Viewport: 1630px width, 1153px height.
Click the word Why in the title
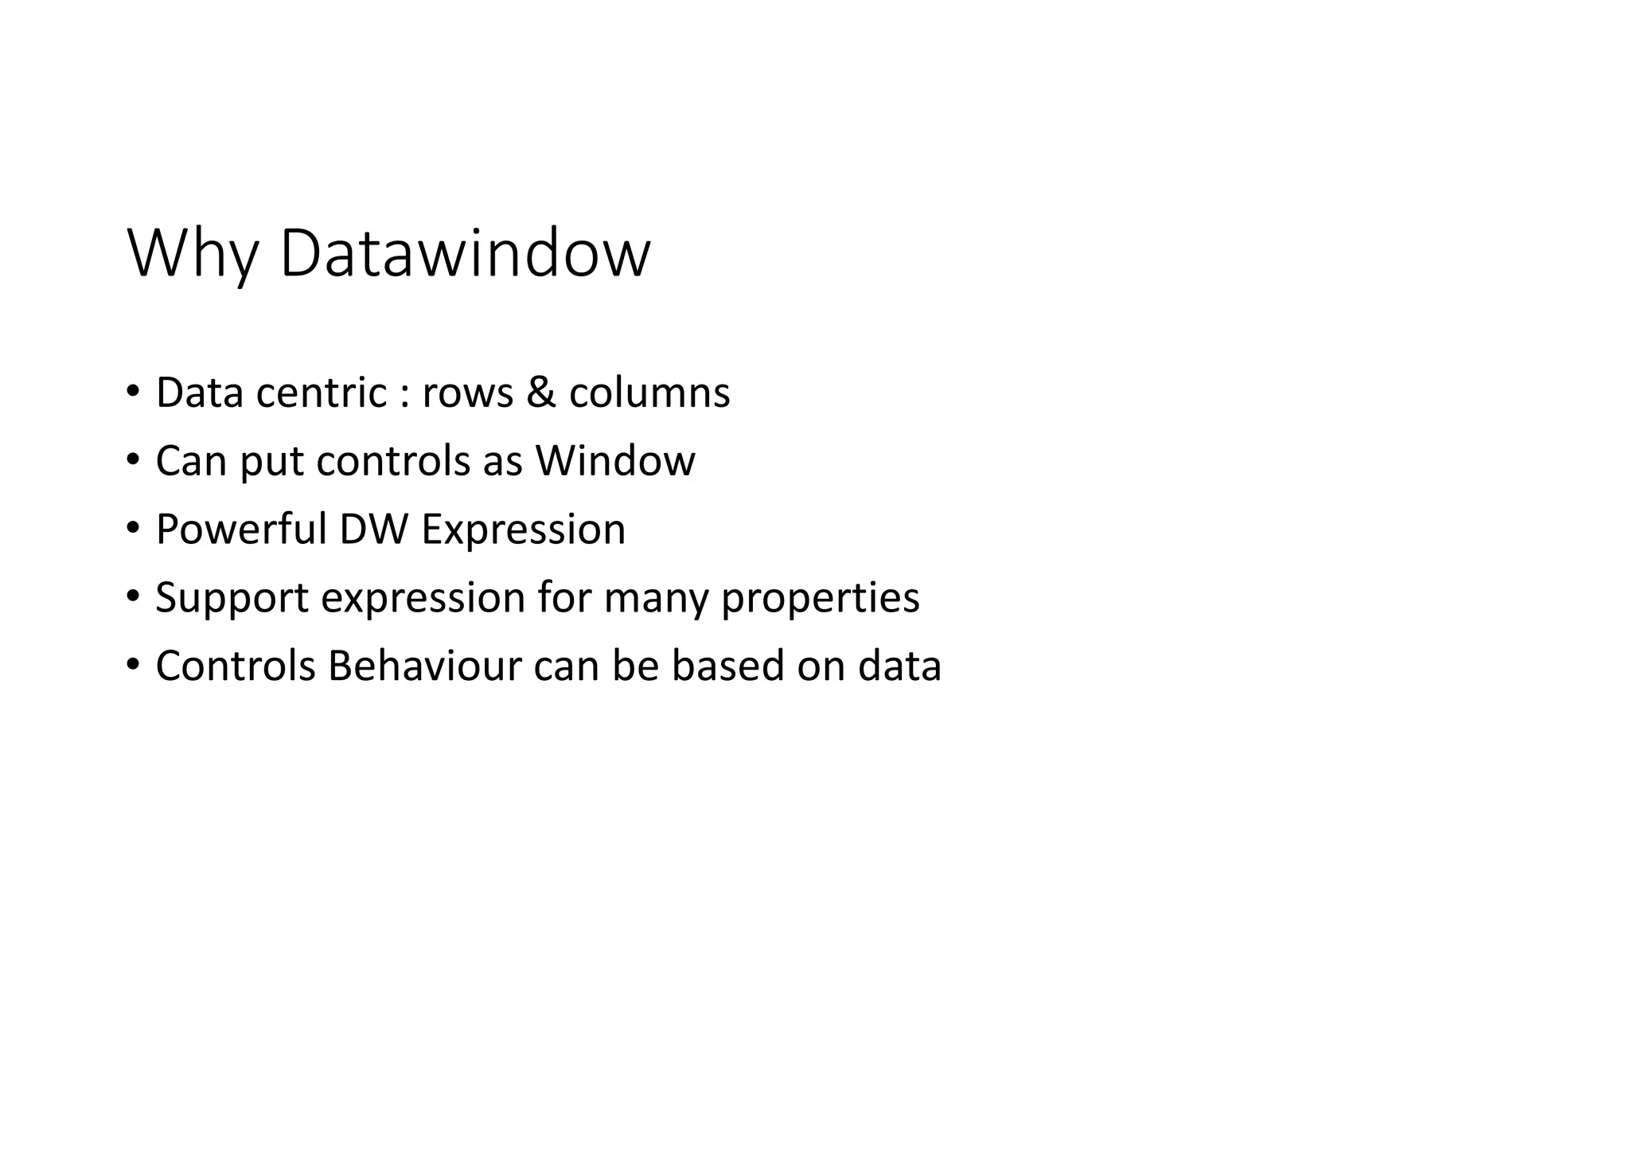point(193,254)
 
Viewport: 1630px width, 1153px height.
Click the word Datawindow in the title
point(466,254)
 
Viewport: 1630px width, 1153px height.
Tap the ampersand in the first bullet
point(541,393)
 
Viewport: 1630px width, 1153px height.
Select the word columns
point(649,393)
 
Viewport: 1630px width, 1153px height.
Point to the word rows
point(468,393)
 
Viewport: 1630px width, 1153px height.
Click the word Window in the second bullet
point(615,461)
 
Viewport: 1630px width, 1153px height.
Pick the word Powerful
point(241,530)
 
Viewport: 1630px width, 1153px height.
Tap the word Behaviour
point(424,666)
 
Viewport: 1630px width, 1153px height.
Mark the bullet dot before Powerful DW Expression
point(132,529)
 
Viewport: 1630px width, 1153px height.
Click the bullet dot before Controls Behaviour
point(132,665)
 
